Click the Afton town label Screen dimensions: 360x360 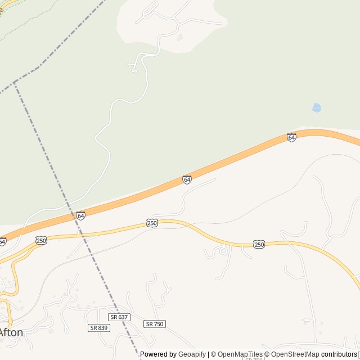[x=11, y=332]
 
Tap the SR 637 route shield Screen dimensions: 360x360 [x=120, y=317]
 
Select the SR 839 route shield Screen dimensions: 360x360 [x=98, y=327]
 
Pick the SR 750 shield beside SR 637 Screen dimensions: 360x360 [x=155, y=324]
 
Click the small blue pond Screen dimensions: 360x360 [x=317, y=107]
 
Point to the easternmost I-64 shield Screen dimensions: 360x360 [x=291, y=137]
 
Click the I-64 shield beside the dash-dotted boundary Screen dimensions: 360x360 [x=81, y=216]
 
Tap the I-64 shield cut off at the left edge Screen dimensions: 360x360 [x=2, y=241]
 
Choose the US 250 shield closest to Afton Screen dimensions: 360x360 [x=41, y=240]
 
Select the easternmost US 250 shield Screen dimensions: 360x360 [x=259, y=244]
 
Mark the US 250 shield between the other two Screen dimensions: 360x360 [x=152, y=223]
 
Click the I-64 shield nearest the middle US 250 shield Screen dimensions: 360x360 [x=187, y=179]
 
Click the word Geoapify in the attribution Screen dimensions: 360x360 [x=192, y=354]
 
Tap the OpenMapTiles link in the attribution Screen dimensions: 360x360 [x=240, y=354]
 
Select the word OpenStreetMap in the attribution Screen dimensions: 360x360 [x=295, y=354]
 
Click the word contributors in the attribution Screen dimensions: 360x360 [x=339, y=354]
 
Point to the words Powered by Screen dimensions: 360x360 [x=158, y=354]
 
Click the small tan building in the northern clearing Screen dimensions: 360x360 [x=179, y=38]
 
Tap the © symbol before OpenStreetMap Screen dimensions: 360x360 [x=268, y=354]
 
